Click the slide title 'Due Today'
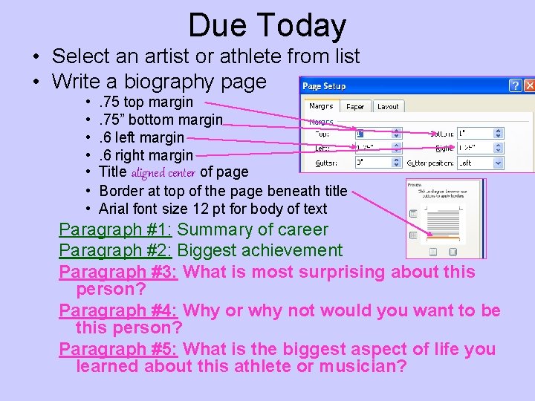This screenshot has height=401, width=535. (x=267, y=25)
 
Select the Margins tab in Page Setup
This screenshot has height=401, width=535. (x=321, y=106)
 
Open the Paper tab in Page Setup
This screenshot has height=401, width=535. (x=355, y=106)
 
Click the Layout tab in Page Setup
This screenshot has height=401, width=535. (x=388, y=106)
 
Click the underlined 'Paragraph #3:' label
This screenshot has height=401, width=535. (x=117, y=272)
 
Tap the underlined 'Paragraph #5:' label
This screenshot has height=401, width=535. (x=117, y=349)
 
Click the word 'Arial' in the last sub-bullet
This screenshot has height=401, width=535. (x=114, y=209)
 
